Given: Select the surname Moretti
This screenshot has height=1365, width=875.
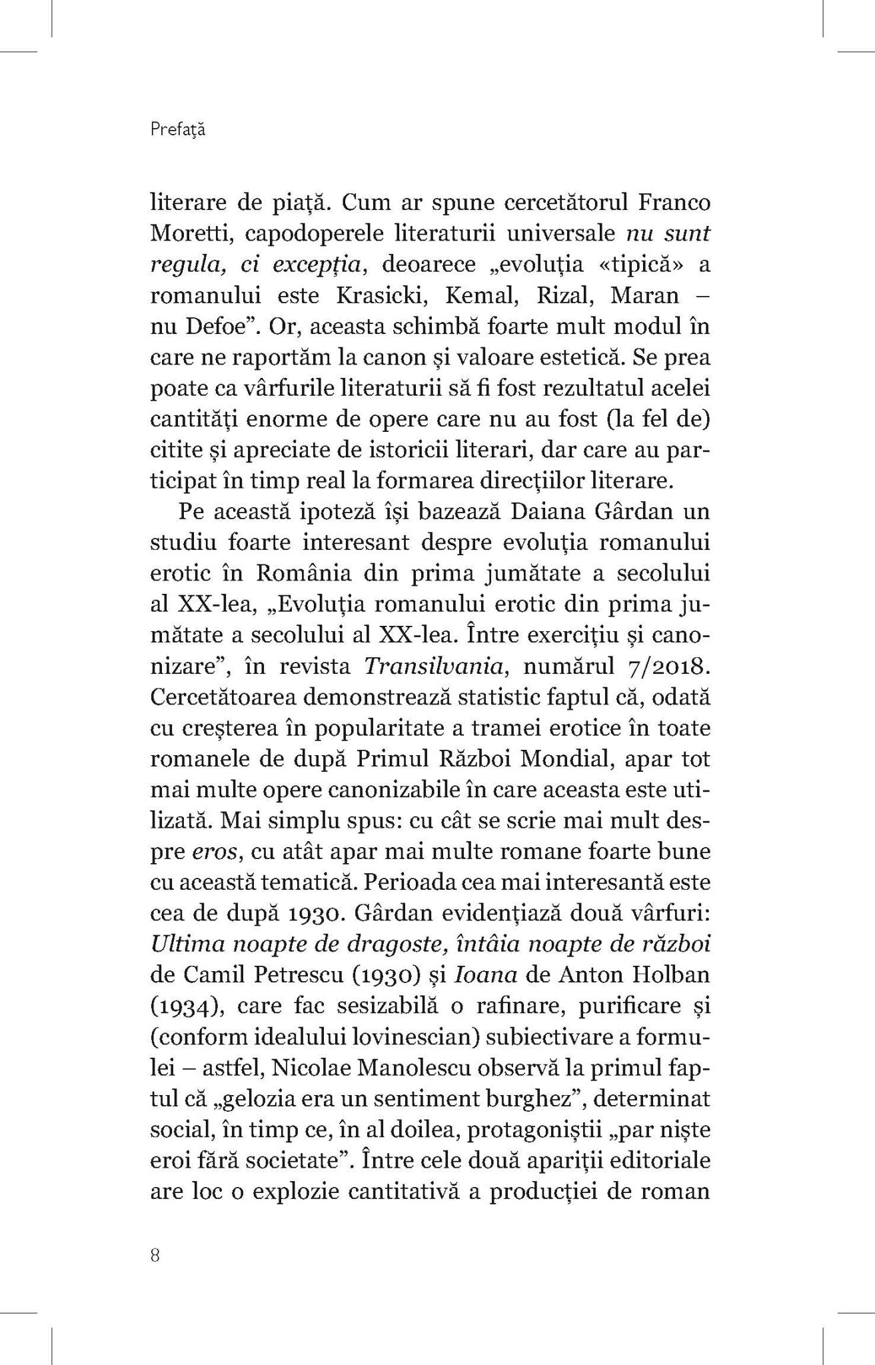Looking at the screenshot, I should click(188, 234).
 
